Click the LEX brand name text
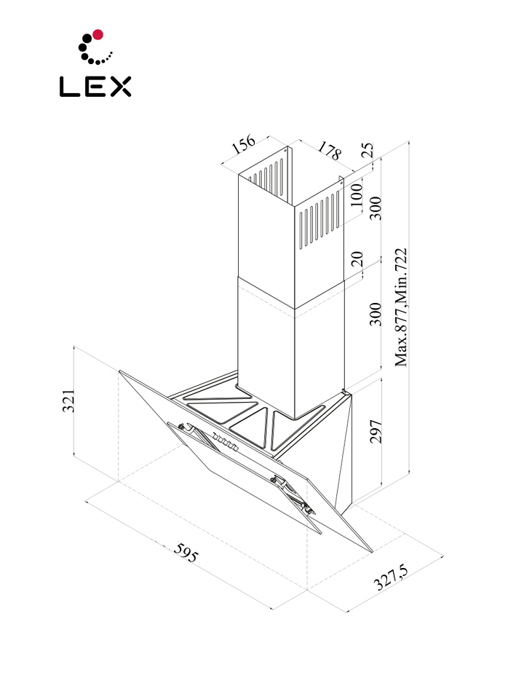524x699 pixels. (x=95, y=87)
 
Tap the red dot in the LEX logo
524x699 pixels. (x=98, y=33)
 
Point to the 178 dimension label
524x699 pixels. (x=329, y=151)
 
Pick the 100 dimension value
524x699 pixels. (x=356, y=196)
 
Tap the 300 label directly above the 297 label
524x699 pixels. (x=376, y=313)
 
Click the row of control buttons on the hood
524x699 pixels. (x=225, y=443)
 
